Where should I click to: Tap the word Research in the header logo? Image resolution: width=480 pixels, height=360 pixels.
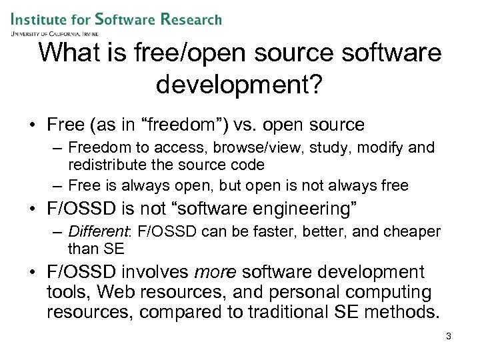[191, 19]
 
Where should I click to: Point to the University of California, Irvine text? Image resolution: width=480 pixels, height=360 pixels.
[54, 33]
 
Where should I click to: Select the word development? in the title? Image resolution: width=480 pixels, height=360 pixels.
[239, 84]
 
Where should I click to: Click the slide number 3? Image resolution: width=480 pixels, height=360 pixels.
[449, 337]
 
